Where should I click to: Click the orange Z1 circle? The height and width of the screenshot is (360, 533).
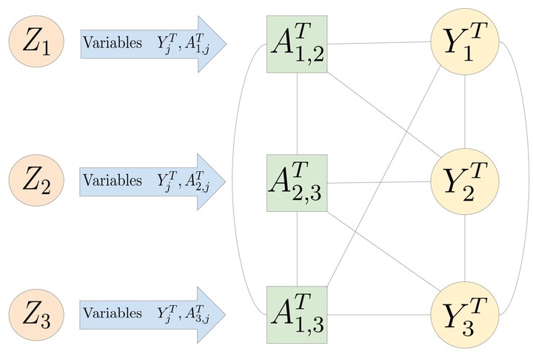pyautogui.click(x=36, y=41)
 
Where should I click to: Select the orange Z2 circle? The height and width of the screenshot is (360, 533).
pyautogui.click(x=36, y=180)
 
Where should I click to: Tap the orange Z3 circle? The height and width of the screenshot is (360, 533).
pyautogui.click(x=36, y=314)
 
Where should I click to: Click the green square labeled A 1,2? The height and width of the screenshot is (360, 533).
pyautogui.click(x=297, y=44)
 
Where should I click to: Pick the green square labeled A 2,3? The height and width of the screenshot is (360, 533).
pyautogui.click(x=297, y=183)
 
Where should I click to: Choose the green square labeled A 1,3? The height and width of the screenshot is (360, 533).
pyautogui.click(x=297, y=315)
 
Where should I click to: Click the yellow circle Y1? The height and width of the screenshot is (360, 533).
pyautogui.click(x=465, y=41)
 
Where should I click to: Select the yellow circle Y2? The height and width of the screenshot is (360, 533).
pyautogui.click(x=465, y=181)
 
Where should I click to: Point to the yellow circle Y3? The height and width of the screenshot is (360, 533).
pyautogui.click(x=465, y=315)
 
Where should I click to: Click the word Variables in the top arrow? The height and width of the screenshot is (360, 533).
pyautogui.click(x=113, y=43)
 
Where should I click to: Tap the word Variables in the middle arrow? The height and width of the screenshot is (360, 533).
pyautogui.click(x=113, y=180)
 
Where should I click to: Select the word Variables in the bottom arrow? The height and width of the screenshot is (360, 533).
pyautogui.click(x=113, y=313)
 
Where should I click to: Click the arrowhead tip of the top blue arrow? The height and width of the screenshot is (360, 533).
pyautogui.click(x=227, y=44)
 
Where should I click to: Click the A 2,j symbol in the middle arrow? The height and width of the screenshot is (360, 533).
pyautogui.click(x=197, y=180)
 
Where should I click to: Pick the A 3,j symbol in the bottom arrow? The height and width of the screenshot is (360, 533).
pyautogui.click(x=197, y=313)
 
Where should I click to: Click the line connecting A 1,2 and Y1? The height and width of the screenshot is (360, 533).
pyautogui.click(x=379, y=43)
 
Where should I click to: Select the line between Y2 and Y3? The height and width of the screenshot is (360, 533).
pyautogui.click(x=465, y=248)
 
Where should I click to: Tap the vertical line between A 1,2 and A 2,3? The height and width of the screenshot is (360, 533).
pyautogui.click(x=297, y=113)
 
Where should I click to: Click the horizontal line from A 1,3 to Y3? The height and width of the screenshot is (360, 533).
pyautogui.click(x=379, y=315)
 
